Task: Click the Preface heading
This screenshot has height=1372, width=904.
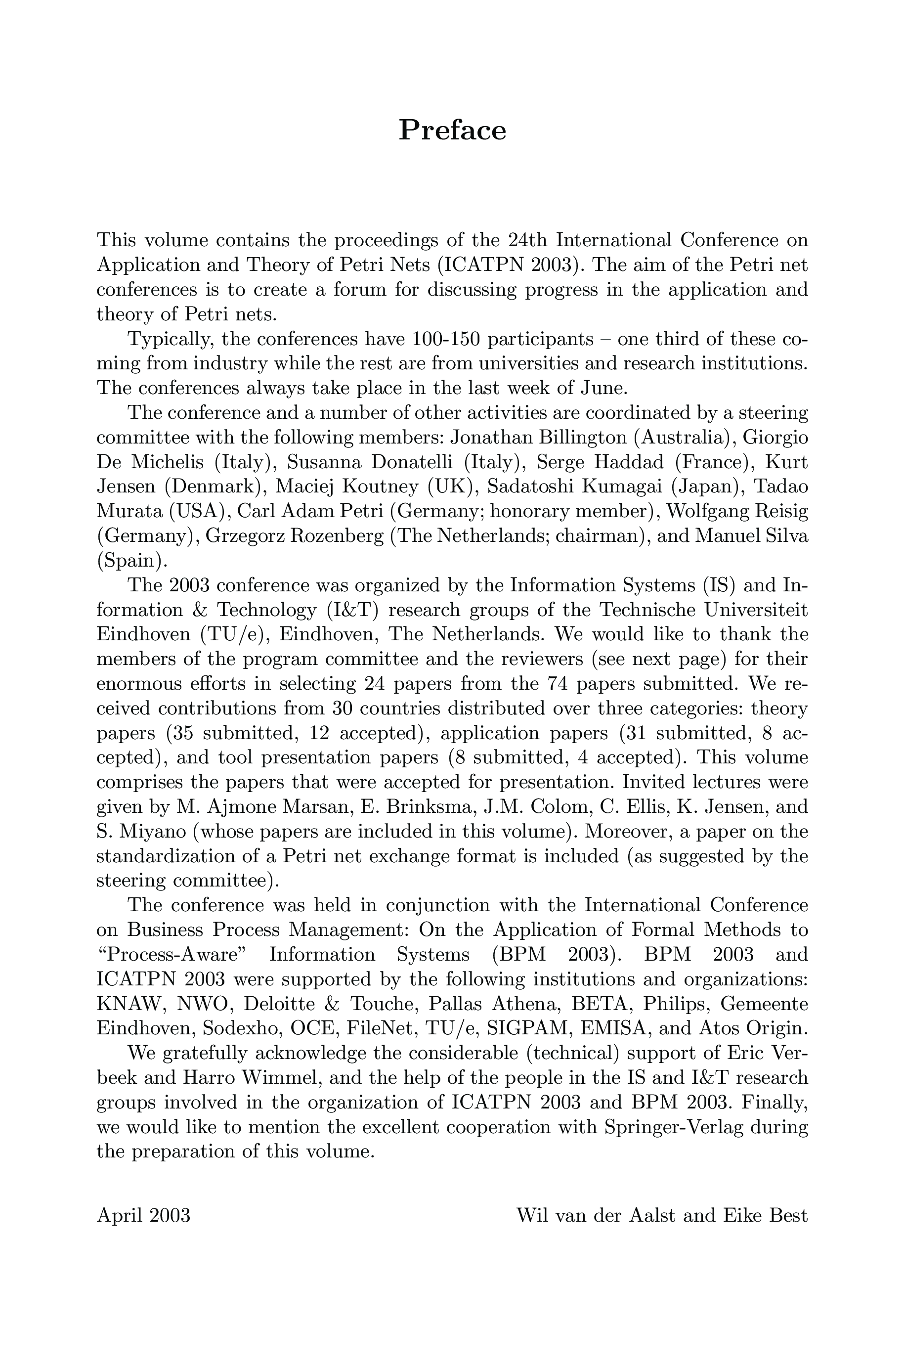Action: pos(452,131)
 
